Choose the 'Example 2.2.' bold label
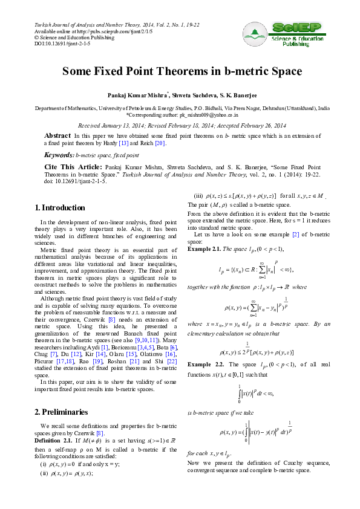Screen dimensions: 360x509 206,366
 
